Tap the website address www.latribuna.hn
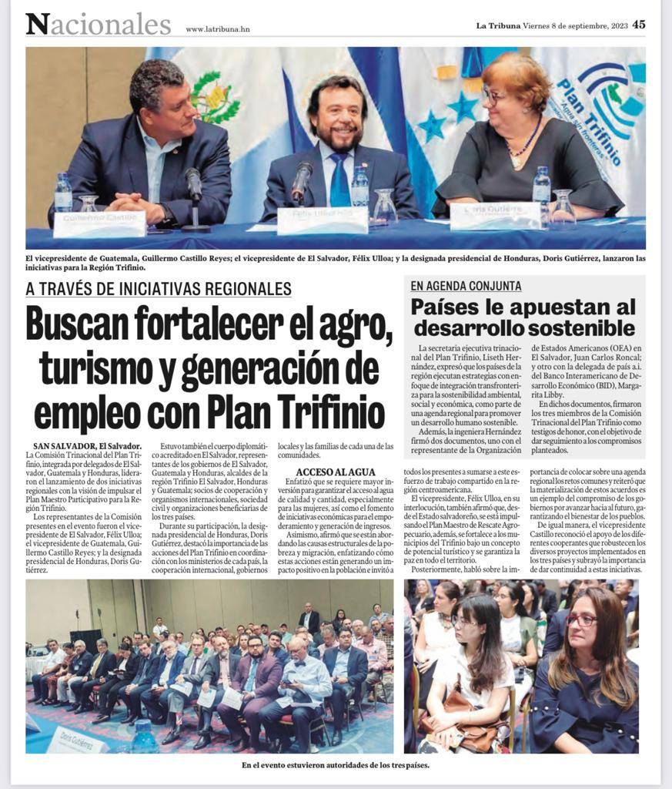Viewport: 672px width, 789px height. click(x=218, y=29)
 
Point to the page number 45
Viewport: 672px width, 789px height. click(x=639, y=24)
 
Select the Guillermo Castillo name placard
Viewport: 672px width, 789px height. click(x=99, y=223)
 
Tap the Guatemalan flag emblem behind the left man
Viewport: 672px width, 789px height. click(x=216, y=96)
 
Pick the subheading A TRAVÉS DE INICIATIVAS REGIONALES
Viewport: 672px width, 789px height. click(x=159, y=289)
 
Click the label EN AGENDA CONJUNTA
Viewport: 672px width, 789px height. click(x=466, y=286)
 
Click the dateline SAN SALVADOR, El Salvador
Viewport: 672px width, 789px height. click(x=87, y=446)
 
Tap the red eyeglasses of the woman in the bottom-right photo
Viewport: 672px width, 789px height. click(x=581, y=619)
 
